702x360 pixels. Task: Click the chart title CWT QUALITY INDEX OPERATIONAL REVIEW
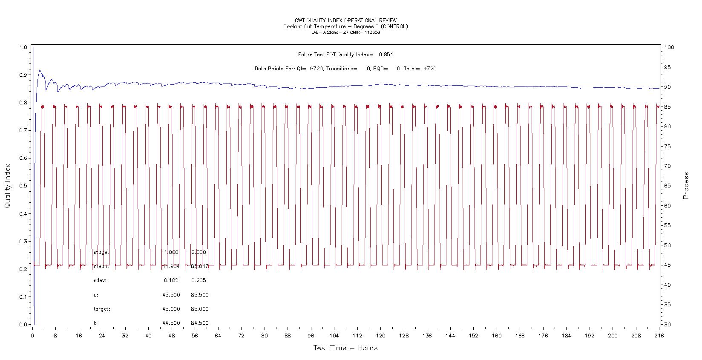pos(345,20)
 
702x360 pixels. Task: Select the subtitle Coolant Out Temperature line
pos(345,26)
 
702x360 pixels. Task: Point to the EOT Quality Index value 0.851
pos(386,55)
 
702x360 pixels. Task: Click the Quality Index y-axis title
pos(7,187)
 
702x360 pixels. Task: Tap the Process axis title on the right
pos(686,186)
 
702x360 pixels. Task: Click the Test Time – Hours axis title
pos(345,348)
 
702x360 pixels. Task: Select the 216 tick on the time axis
pos(659,335)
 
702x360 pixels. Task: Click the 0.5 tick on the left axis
pos(23,186)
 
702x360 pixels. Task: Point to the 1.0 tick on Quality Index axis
pos(23,47)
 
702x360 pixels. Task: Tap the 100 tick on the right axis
pos(669,47)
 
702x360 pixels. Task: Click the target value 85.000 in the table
pos(200,309)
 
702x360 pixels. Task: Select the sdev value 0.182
pos(171,280)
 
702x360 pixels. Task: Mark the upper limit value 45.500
pos(171,295)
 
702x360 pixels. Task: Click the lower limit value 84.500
pos(200,323)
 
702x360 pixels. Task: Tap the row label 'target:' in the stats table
pos(102,309)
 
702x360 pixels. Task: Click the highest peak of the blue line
pos(40,70)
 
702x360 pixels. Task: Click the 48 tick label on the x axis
pos(171,335)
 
